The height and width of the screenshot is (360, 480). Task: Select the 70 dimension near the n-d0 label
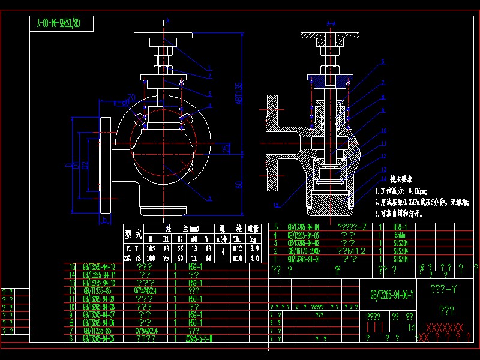132,97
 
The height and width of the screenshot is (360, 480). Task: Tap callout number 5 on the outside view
209,197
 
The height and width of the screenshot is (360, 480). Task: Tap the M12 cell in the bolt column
238,248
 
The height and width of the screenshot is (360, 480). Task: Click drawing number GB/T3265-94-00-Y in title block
392,295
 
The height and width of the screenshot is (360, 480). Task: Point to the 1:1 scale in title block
412,329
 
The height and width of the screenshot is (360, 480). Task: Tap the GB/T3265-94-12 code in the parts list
100,266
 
